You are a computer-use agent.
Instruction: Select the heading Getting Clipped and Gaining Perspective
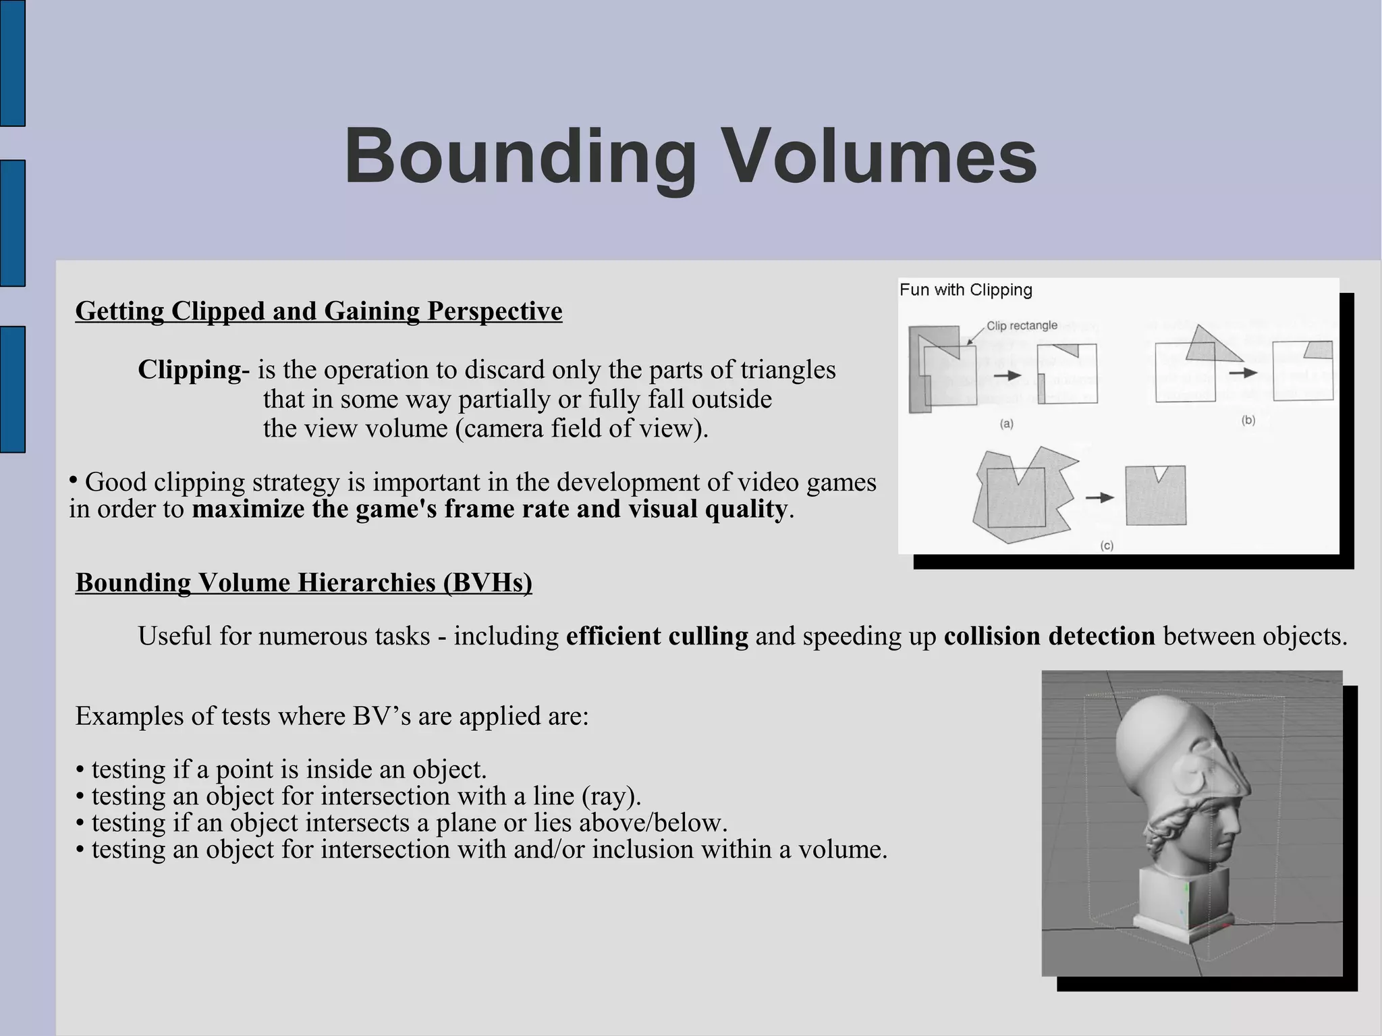(319, 311)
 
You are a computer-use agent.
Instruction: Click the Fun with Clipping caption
(966, 290)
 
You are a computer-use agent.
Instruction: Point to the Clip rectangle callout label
(1022, 326)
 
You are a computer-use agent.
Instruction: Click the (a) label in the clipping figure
(1006, 424)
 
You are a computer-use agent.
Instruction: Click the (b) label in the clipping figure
(1248, 420)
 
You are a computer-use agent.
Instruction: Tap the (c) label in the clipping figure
(1107, 545)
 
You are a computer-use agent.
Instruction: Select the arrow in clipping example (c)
(1099, 497)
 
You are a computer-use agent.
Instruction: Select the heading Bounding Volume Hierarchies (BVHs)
(304, 582)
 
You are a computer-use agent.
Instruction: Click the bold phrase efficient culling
(657, 636)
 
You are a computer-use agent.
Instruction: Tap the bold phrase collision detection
(1049, 636)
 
